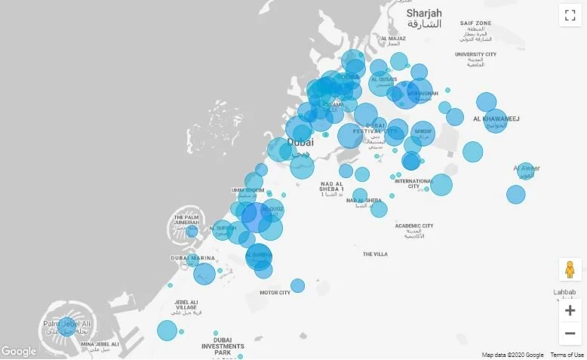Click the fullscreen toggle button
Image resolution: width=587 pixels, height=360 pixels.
click(x=570, y=16)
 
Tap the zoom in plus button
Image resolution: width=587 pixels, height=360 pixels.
click(x=570, y=310)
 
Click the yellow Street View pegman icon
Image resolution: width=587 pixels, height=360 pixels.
click(x=570, y=269)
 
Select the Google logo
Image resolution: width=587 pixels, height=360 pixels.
click(x=19, y=351)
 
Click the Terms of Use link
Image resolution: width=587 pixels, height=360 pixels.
click(x=567, y=355)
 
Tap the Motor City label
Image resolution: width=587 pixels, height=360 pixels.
click(x=275, y=293)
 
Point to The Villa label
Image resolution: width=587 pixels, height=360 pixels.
click(x=375, y=254)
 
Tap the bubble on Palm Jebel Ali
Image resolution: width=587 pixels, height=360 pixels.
click(x=66, y=325)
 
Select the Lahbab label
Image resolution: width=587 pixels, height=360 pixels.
click(x=564, y=292)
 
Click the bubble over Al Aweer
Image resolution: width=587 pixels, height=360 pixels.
click(x=525, y=171)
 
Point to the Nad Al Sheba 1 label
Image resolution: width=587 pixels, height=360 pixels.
click(x=332, y=188)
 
